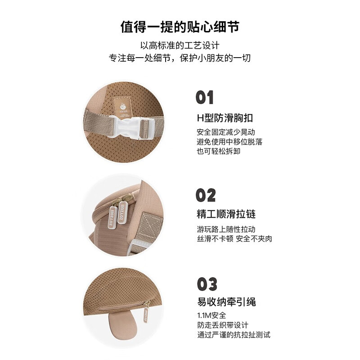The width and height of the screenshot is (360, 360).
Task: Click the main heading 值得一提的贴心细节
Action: [x=180, y=27]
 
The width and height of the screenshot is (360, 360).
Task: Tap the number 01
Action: [x=205, y=98]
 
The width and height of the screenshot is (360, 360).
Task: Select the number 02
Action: [x=206, y=195]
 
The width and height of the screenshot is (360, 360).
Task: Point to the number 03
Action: [x=207, y=284]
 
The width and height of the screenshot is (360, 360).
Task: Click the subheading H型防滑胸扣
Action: [x=225, y=118]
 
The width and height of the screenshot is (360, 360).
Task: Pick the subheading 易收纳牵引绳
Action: [x=226, y=302]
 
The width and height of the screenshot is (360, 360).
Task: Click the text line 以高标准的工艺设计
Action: [x=180, y=46]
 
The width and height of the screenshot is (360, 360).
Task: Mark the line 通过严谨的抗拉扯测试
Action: [x=234, y=335]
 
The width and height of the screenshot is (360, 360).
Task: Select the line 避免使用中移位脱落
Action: [x=229, y=142]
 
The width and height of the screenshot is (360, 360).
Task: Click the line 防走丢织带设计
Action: [x=222, y=325]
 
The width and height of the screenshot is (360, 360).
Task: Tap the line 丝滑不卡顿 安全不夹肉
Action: [x=234, y=239]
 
